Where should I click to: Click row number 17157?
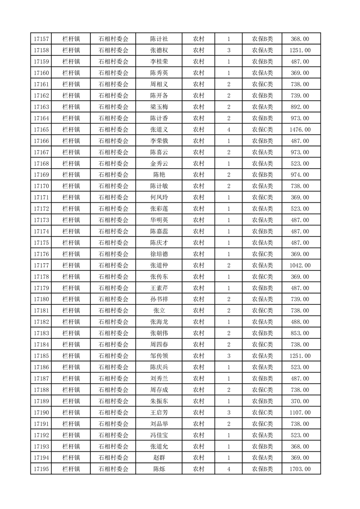click(41, 39)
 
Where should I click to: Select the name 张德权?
click(159, 50)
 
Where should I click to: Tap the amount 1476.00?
click(301, 130)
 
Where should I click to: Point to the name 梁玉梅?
click(159, 107)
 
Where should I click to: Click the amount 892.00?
click(301, 107)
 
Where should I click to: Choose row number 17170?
click(41, 186)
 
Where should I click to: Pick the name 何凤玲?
click(159, 197)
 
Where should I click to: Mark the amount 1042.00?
click(301, 265)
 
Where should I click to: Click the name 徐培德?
click(159, 254)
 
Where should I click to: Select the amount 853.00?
click(301, 333)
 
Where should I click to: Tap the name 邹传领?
click(159, 356)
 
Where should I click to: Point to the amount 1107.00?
click(301, 412)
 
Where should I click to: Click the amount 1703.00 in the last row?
click(301, 469)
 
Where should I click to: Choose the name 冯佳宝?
click(159, 435)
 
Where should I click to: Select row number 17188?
click(41, 390)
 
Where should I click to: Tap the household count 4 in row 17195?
click(228, 469)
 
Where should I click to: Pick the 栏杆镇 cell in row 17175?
click(71, 243)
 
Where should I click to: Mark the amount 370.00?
click(301, 401)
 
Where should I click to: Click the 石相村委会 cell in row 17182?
click(113, 322)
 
